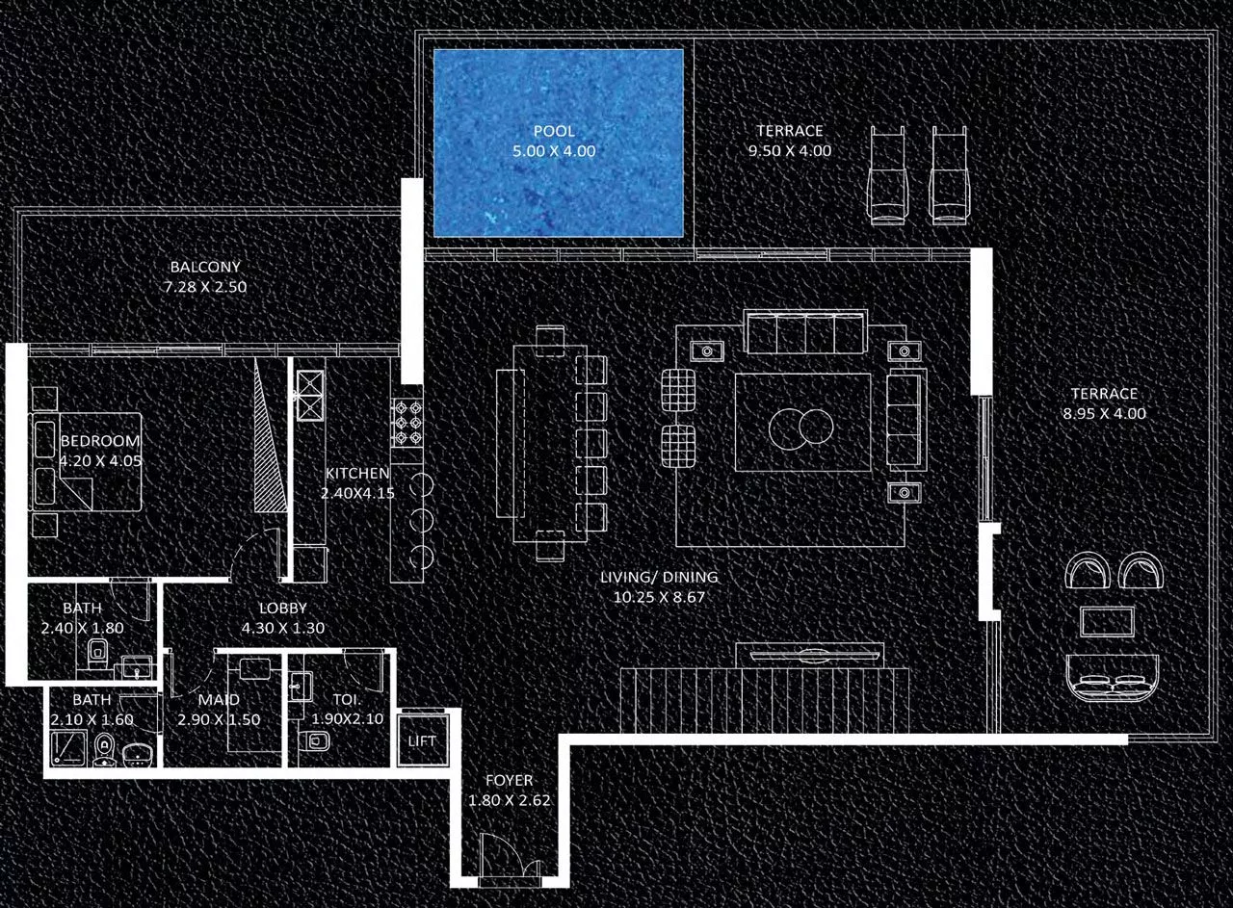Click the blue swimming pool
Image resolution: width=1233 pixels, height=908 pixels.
pyautogui.click(x=558, y=142)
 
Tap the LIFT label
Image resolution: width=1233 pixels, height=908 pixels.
pyautogui.click(x=422, y=741)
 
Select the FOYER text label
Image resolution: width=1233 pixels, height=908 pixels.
pyautogui.click(x=509, y=781)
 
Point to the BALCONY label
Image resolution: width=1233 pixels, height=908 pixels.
pyautogui.click(x=205, y=267)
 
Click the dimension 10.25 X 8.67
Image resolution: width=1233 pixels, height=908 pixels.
pyautogui.click(x=659, y=597)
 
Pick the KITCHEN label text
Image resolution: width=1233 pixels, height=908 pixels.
pyautogui.click(x=356, y=474)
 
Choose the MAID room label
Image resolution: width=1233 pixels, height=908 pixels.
pyautogui.click(x=218, y=700)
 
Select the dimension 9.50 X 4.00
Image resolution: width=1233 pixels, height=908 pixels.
pyautogui.click(x=789, y=151)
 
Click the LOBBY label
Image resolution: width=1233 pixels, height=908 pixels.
pyautogui.click(x=283, y=609)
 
